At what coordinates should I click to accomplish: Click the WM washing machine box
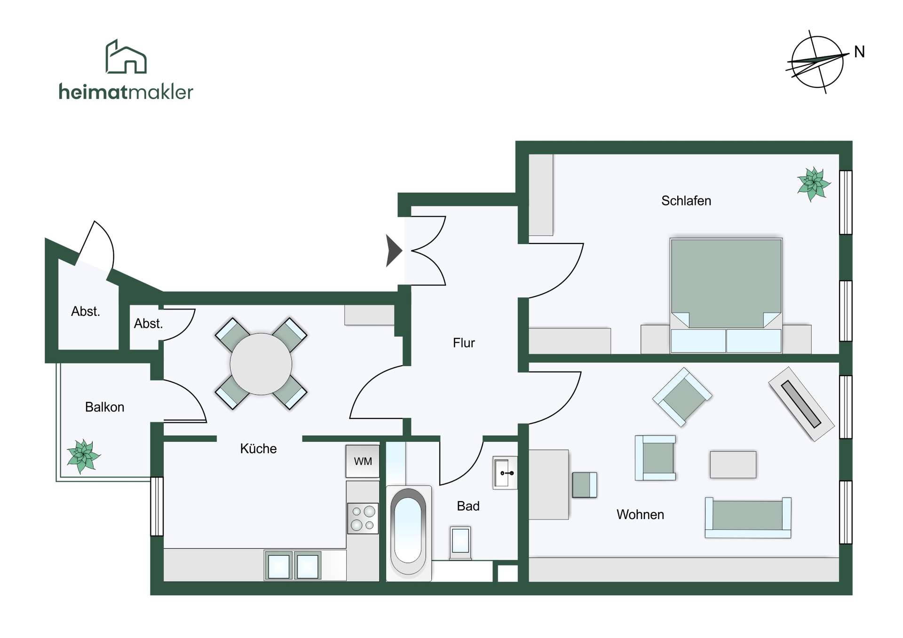[x=363, y=461]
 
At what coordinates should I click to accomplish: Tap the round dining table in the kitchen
[x=261, y=364]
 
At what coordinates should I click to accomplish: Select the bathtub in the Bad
[x=408, y=532]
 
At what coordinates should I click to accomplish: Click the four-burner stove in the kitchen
[x=363, y=518]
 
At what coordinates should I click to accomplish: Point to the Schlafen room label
[x=686, y=201]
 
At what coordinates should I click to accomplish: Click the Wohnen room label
[x=640, y=514]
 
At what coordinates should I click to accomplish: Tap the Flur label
[x=464, y=343]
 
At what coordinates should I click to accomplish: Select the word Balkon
[x=104, y=407]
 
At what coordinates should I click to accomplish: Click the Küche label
[x=258, y=449]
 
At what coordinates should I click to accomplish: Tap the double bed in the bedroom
[x=726, y=295]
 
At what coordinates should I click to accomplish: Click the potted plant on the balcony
[x=83, y=456]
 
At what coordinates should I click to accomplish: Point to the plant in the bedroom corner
[x=814, y=184]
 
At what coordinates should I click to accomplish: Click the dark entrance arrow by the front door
[x=394, y=251]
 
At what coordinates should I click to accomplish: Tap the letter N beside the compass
[x=859, y=52]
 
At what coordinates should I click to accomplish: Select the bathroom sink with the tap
[x=505, y=473]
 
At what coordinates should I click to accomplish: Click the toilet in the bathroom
[x=460, y=543]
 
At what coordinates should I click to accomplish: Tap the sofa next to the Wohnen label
[x=748, y=517]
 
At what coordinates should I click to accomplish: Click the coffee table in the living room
[x=733, y=465]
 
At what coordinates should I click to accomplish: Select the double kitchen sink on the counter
[x=293, y=566]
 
